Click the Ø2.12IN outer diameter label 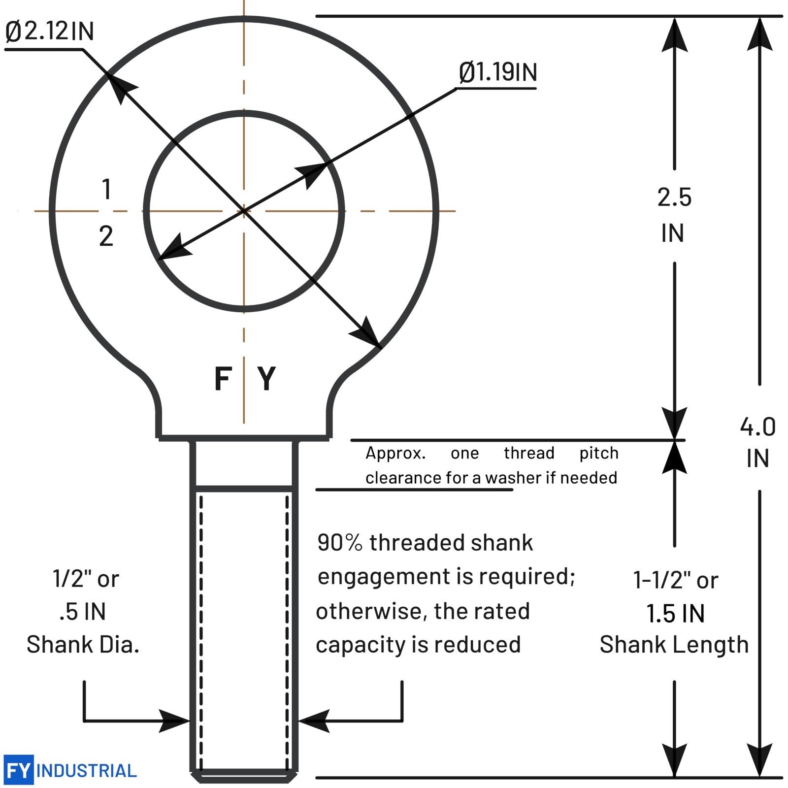point(49,31)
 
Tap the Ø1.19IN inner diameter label point(497,72)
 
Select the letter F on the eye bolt point(223,379)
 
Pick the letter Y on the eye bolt point(266,379)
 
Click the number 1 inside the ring point(106,189)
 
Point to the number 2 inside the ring point(106,236)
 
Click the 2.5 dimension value point(674,197)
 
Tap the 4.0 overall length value point(757,427)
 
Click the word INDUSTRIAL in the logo point(87,771)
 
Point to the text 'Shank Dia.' point(83,644)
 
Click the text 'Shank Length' point(674,645)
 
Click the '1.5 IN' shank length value point(675,614)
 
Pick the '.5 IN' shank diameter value point(83,612)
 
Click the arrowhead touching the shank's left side point(174,722)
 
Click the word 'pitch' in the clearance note point(599,454)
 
